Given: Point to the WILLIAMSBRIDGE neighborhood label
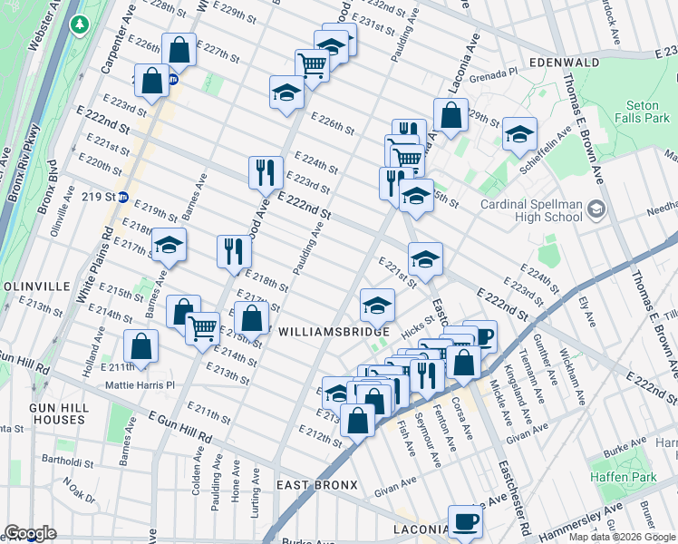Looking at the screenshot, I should [334, 333].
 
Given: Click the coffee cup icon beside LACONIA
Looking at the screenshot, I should [465, 520].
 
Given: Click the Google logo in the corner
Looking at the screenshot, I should [29, 533].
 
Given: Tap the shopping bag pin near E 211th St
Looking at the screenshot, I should [140, 345].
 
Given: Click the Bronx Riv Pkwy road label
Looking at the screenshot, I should [24, 163].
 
